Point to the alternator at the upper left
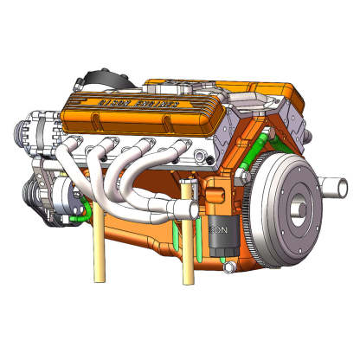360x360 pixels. coord(36,130)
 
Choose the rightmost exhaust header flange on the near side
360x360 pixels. coord(179,146)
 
